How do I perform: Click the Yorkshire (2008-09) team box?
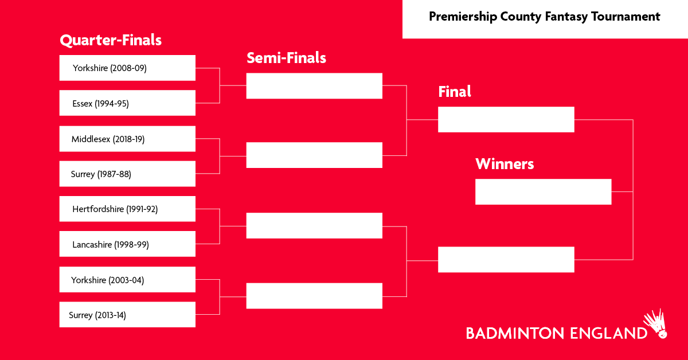(x=127, y=68)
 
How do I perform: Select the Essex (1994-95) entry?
(x=127, y=103)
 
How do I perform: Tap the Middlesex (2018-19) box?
(x=127, y=139)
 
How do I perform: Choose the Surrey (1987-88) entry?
(x=127, y=174)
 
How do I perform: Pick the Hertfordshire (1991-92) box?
(x=127, y=209)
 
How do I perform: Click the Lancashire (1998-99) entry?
(x=127, y=244)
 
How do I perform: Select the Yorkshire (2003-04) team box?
(x=127, y=280)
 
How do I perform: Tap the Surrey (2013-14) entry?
(x=127, y=315)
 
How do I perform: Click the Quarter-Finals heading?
(x=111, y=40)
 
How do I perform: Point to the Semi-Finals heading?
(x=286, y=58)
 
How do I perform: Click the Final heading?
(x=454, y=92)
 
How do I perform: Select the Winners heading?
(x=505, y=164)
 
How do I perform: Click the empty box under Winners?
(x=543, y=191)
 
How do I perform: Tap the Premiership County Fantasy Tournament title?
(x=544, y=17)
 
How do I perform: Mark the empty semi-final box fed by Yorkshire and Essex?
(x=314, y=86)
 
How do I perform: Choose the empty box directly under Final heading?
(x=506, y=119)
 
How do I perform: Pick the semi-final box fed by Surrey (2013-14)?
(x=314, y=296)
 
